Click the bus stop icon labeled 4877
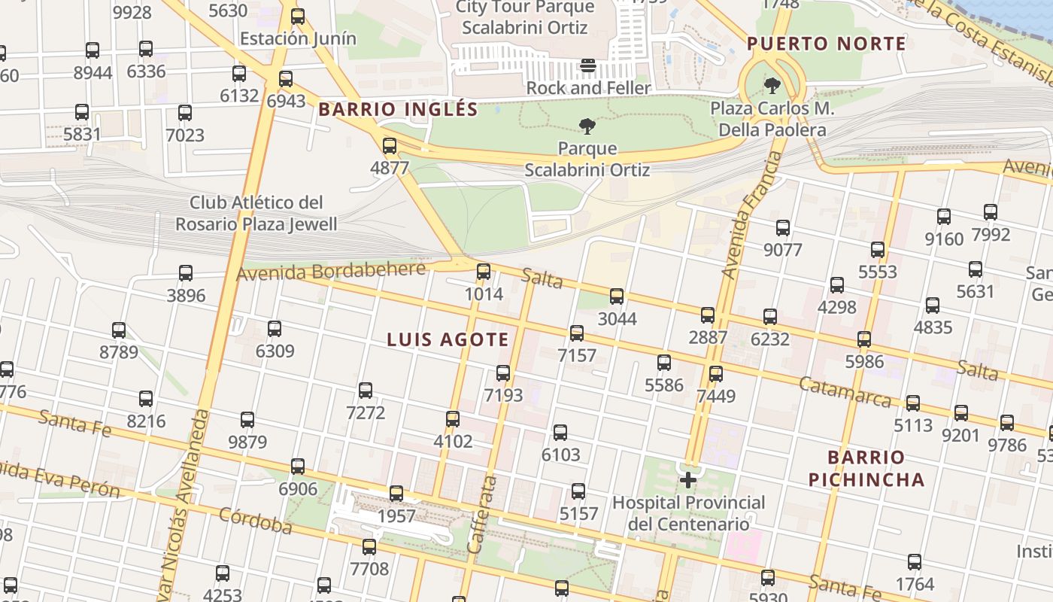point(390,146)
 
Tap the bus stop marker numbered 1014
point(484,272)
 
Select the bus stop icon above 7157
point(577,333)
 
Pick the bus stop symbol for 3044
point(617,296)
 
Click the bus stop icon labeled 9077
point(783,228)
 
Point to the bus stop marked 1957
point(396,494)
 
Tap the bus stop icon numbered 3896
point(186,273)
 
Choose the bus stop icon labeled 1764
point(915,562)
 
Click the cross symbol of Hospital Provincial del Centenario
point(688,480)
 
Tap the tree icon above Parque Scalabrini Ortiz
point(587,126)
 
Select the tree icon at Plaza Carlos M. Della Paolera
point(772,86)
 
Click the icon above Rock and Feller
point(588,66)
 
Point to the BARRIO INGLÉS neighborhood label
point(398,109)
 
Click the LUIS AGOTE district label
point(448,339)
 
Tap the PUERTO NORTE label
point(827,44)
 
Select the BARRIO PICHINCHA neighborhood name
point(866,468)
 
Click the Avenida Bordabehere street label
point(331,271)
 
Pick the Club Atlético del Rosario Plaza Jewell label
point(256,213)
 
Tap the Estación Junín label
point(298,38)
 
